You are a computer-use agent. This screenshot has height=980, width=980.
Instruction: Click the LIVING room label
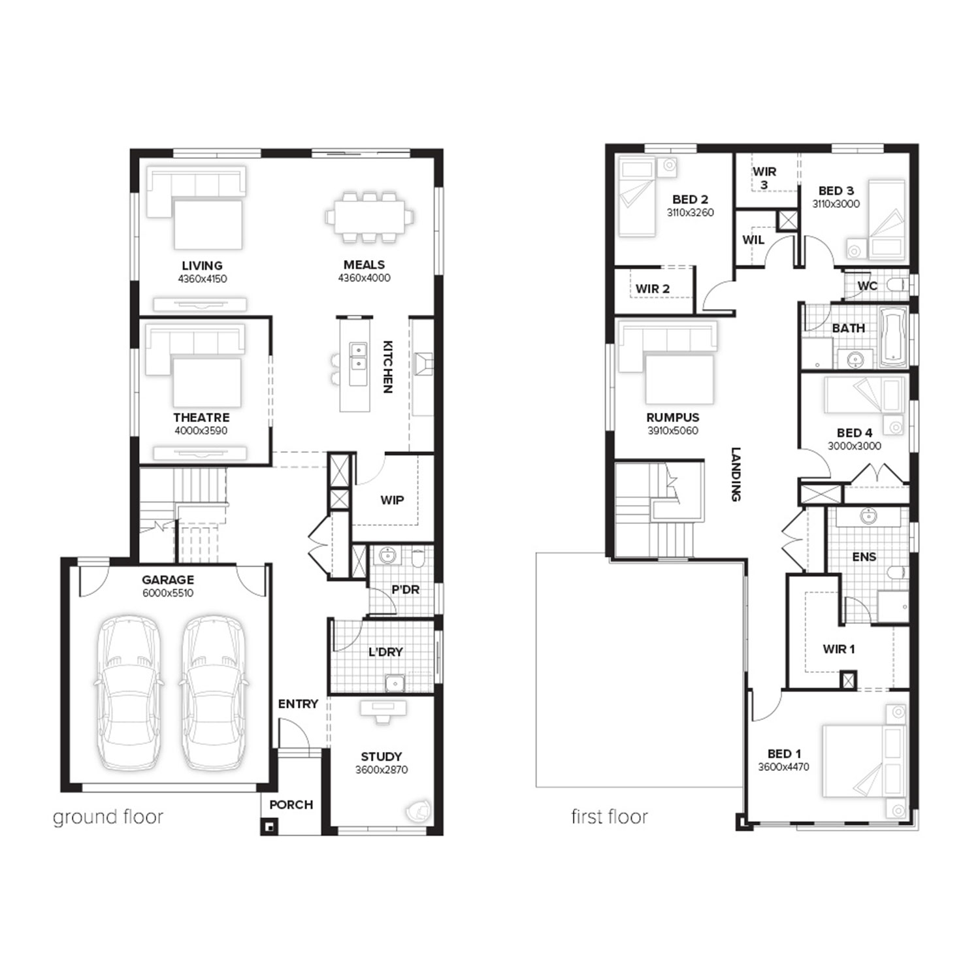pyautogui.click(x=202, y=266)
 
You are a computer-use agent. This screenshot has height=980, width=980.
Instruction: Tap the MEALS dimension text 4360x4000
pyautogui.click(x=364, y=278)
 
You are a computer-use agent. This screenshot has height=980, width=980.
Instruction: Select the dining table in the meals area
pyautogui.click(x=370, y=216)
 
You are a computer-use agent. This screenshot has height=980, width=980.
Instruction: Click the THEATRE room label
pyautogui.click(x=201, y=417)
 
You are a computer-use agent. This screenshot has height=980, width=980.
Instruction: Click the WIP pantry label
pyautogui.click(x=392, y=500)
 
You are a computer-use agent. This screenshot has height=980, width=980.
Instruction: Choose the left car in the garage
pyautogui.click(x=129, y=692)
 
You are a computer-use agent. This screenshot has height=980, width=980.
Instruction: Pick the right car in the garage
pyautogui.click(x=213, y=692)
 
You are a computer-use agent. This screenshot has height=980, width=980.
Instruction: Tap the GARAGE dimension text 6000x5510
pyautogui.click(x=168, y=593)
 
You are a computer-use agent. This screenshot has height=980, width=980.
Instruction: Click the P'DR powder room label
pyautogui.click(x=405, y=590)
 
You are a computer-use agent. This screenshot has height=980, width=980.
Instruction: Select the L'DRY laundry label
pyautogui.click(x=385, y=652)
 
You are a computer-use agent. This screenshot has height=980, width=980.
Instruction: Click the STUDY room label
pyautogui.click(x=382, y=757)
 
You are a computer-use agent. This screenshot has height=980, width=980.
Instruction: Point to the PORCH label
pyautogui.click(x=291, y=805)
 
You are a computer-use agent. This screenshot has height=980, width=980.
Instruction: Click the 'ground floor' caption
pyautogui.click(x=108, y=817)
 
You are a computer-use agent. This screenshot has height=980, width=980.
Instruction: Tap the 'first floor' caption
pyautogui.click(x=610, y=817)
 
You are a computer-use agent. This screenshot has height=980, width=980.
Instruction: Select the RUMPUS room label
pyautogui.click(x=673, y=417)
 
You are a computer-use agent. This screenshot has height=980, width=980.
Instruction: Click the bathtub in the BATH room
pyautogui.click(x=893, y=338)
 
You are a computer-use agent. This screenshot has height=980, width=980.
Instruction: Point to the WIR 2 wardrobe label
pyautogui.click(x=653, y=289)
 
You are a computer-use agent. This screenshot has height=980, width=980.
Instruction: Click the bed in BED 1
pyautogui.click(x=864, y=760)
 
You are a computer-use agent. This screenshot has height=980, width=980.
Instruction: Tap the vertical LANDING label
pyautogui.click(x=736, y=474)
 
